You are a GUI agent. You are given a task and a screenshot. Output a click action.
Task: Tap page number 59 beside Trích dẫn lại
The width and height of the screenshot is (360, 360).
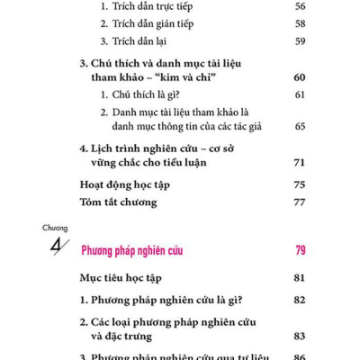(300, 40)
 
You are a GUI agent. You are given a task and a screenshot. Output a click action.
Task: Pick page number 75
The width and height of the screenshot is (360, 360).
(300, 185)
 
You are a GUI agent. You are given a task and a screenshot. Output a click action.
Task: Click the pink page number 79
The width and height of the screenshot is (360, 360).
(300, 250)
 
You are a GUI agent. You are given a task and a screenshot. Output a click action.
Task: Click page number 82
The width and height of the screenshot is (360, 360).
(300, 299)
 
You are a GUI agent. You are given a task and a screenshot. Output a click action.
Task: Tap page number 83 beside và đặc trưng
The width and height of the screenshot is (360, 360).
(300, 336)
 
